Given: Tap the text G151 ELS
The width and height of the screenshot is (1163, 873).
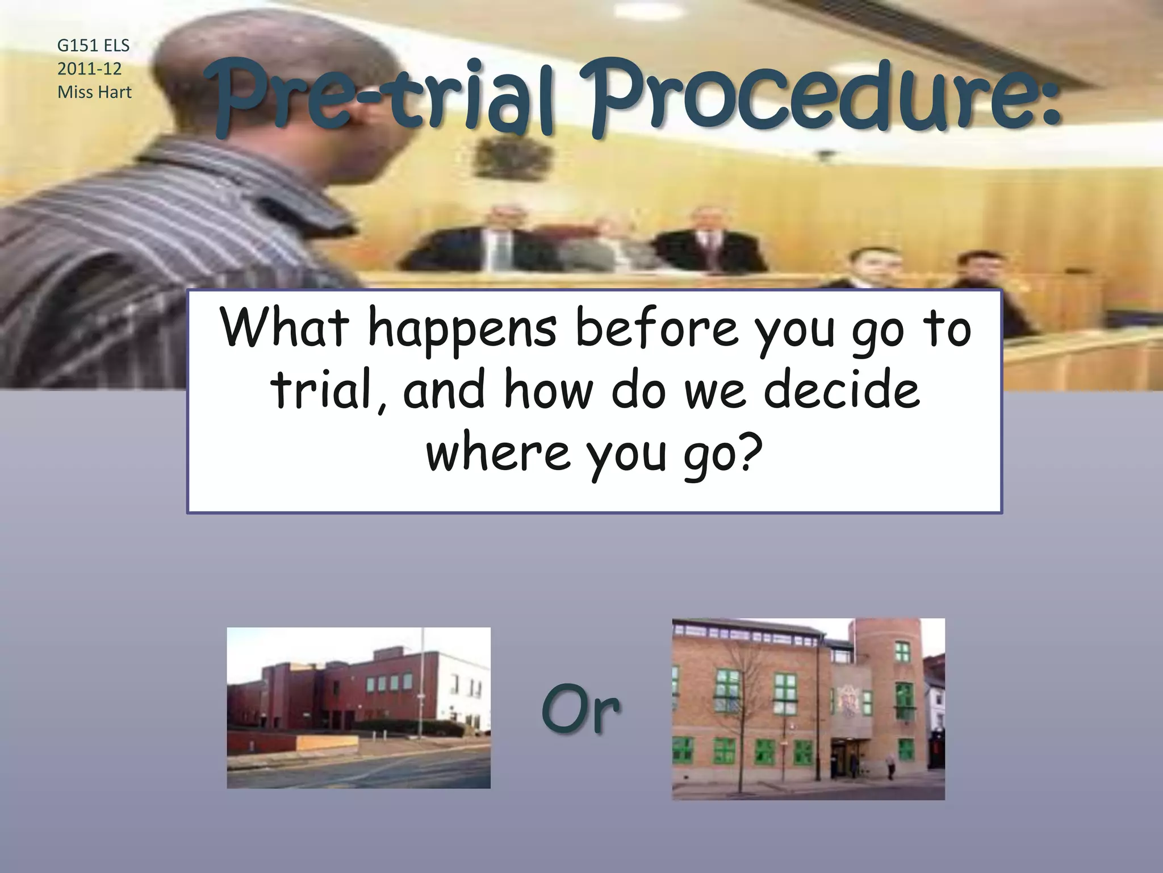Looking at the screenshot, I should [93, 45].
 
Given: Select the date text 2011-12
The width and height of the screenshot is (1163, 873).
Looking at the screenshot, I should [89, 69].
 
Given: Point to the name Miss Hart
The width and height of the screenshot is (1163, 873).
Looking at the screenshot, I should [94, 92].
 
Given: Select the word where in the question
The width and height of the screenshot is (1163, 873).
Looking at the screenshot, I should [497, 452].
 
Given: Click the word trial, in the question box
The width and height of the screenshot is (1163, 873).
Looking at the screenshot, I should [329, 391].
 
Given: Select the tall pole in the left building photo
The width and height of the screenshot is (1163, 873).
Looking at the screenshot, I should [422, 682].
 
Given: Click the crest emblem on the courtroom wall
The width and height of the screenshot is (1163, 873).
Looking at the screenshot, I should [514, 156].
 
